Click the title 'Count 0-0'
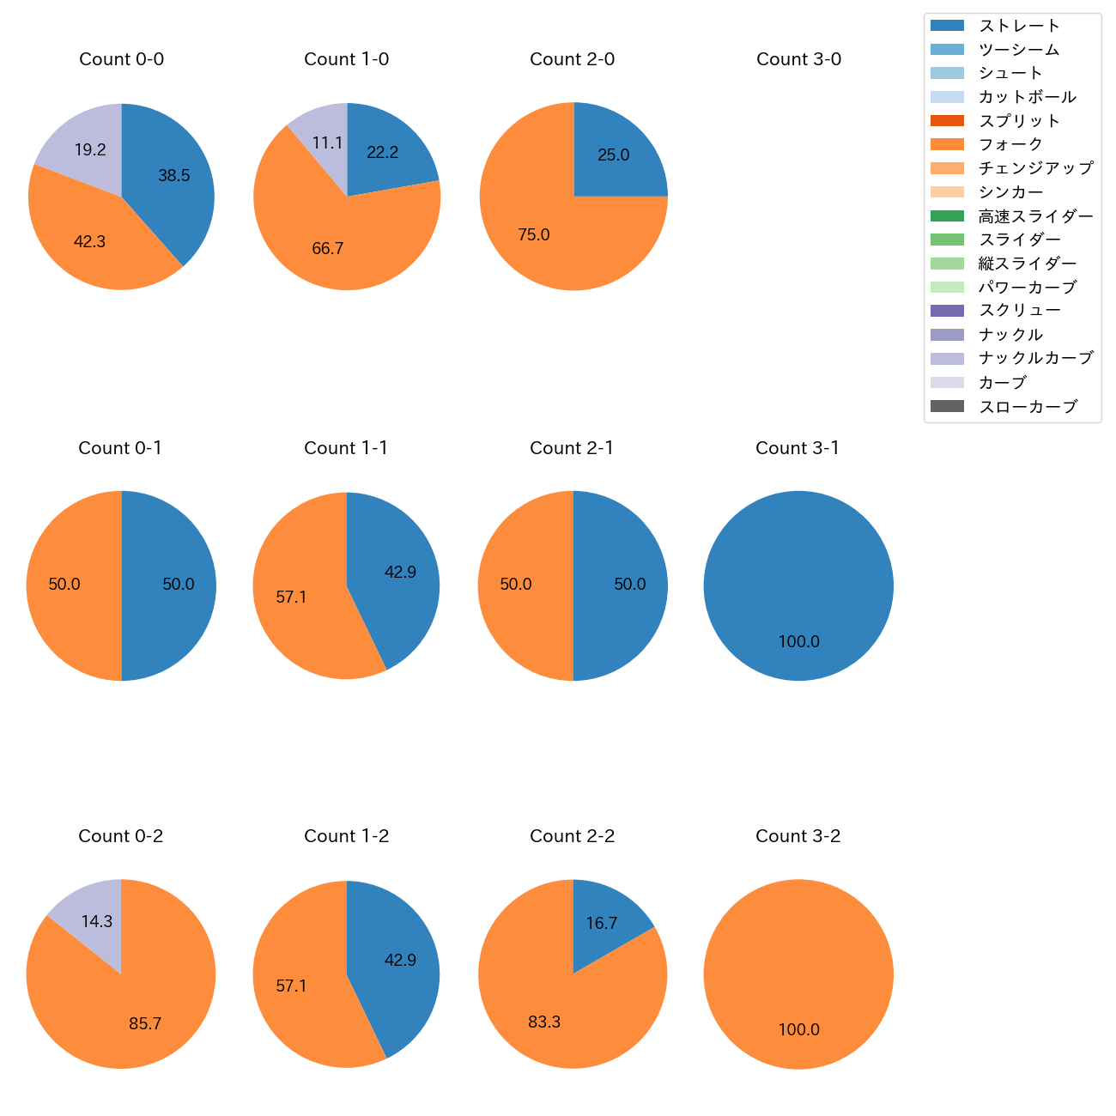click(x=121, y=59)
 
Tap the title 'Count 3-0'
click(x=798, y=59)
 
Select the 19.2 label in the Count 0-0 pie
click(x=90, y=150)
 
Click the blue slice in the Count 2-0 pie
click(x=614, y=155)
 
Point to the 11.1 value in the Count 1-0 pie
click(x=327, y=143)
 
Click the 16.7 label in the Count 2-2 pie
click(x=602, y=924)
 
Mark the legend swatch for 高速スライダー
click(x=947, y=216)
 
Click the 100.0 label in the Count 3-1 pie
click(x=798, y=641)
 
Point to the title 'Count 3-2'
click(x=798, y=836)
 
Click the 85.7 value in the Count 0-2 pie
click(x=145, y=1023)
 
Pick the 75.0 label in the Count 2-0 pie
click(x=533, y=234)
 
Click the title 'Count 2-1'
click(x=572, y=448)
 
